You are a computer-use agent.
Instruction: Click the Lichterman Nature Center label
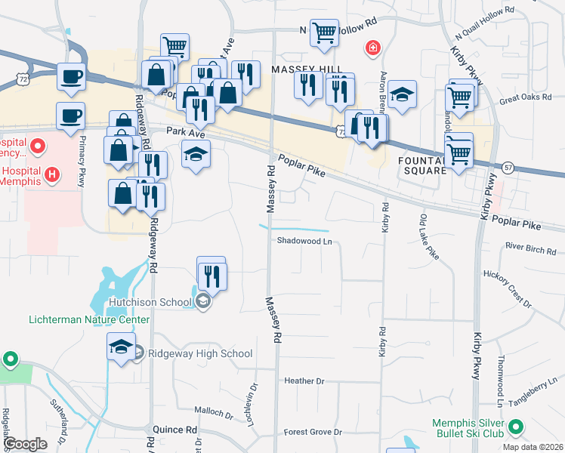click(x=88, y=319)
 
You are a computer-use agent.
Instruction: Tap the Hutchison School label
click(x=150, y=303)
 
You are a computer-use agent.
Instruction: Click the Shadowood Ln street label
click(x=304, y=242)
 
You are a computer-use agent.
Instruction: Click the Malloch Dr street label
click(x=213, y=414)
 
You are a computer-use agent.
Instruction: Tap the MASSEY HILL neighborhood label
click(x=301, y=69)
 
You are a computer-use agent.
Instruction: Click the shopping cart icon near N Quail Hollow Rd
click(x=324, y=32)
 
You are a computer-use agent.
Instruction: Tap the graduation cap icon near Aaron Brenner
click(x=403, y=94)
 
